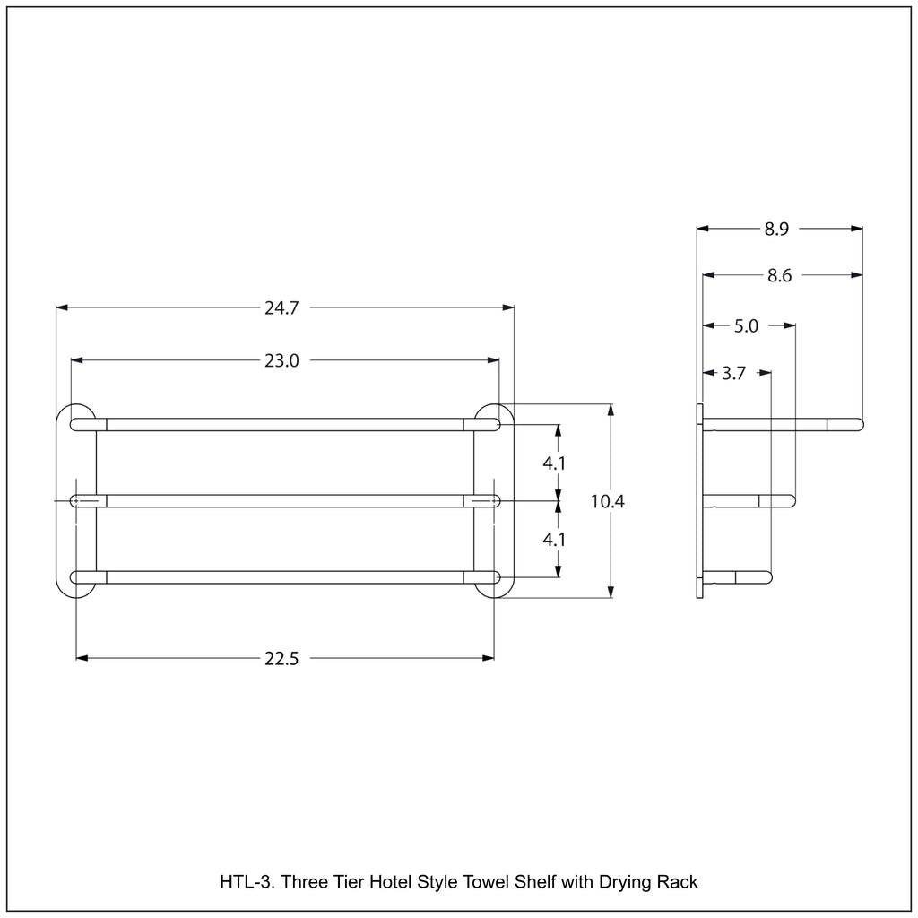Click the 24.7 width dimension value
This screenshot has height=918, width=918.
281,308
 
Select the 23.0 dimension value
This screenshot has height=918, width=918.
281,360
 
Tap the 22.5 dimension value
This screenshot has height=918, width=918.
281,659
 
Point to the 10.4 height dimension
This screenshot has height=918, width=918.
608,501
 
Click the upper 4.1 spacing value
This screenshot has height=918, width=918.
554,463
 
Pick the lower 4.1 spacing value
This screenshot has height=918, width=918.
554,539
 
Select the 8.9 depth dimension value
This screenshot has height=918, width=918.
777,229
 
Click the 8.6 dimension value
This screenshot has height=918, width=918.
779,275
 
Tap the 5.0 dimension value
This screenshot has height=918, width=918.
747,326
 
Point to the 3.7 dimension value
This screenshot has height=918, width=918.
733,373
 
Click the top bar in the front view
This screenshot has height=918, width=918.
285,424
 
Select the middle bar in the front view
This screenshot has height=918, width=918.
285,501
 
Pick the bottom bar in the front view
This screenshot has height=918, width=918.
285,577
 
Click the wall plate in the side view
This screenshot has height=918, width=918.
699,501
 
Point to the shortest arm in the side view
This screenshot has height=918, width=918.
738,577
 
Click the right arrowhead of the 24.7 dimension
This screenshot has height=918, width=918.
508,307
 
